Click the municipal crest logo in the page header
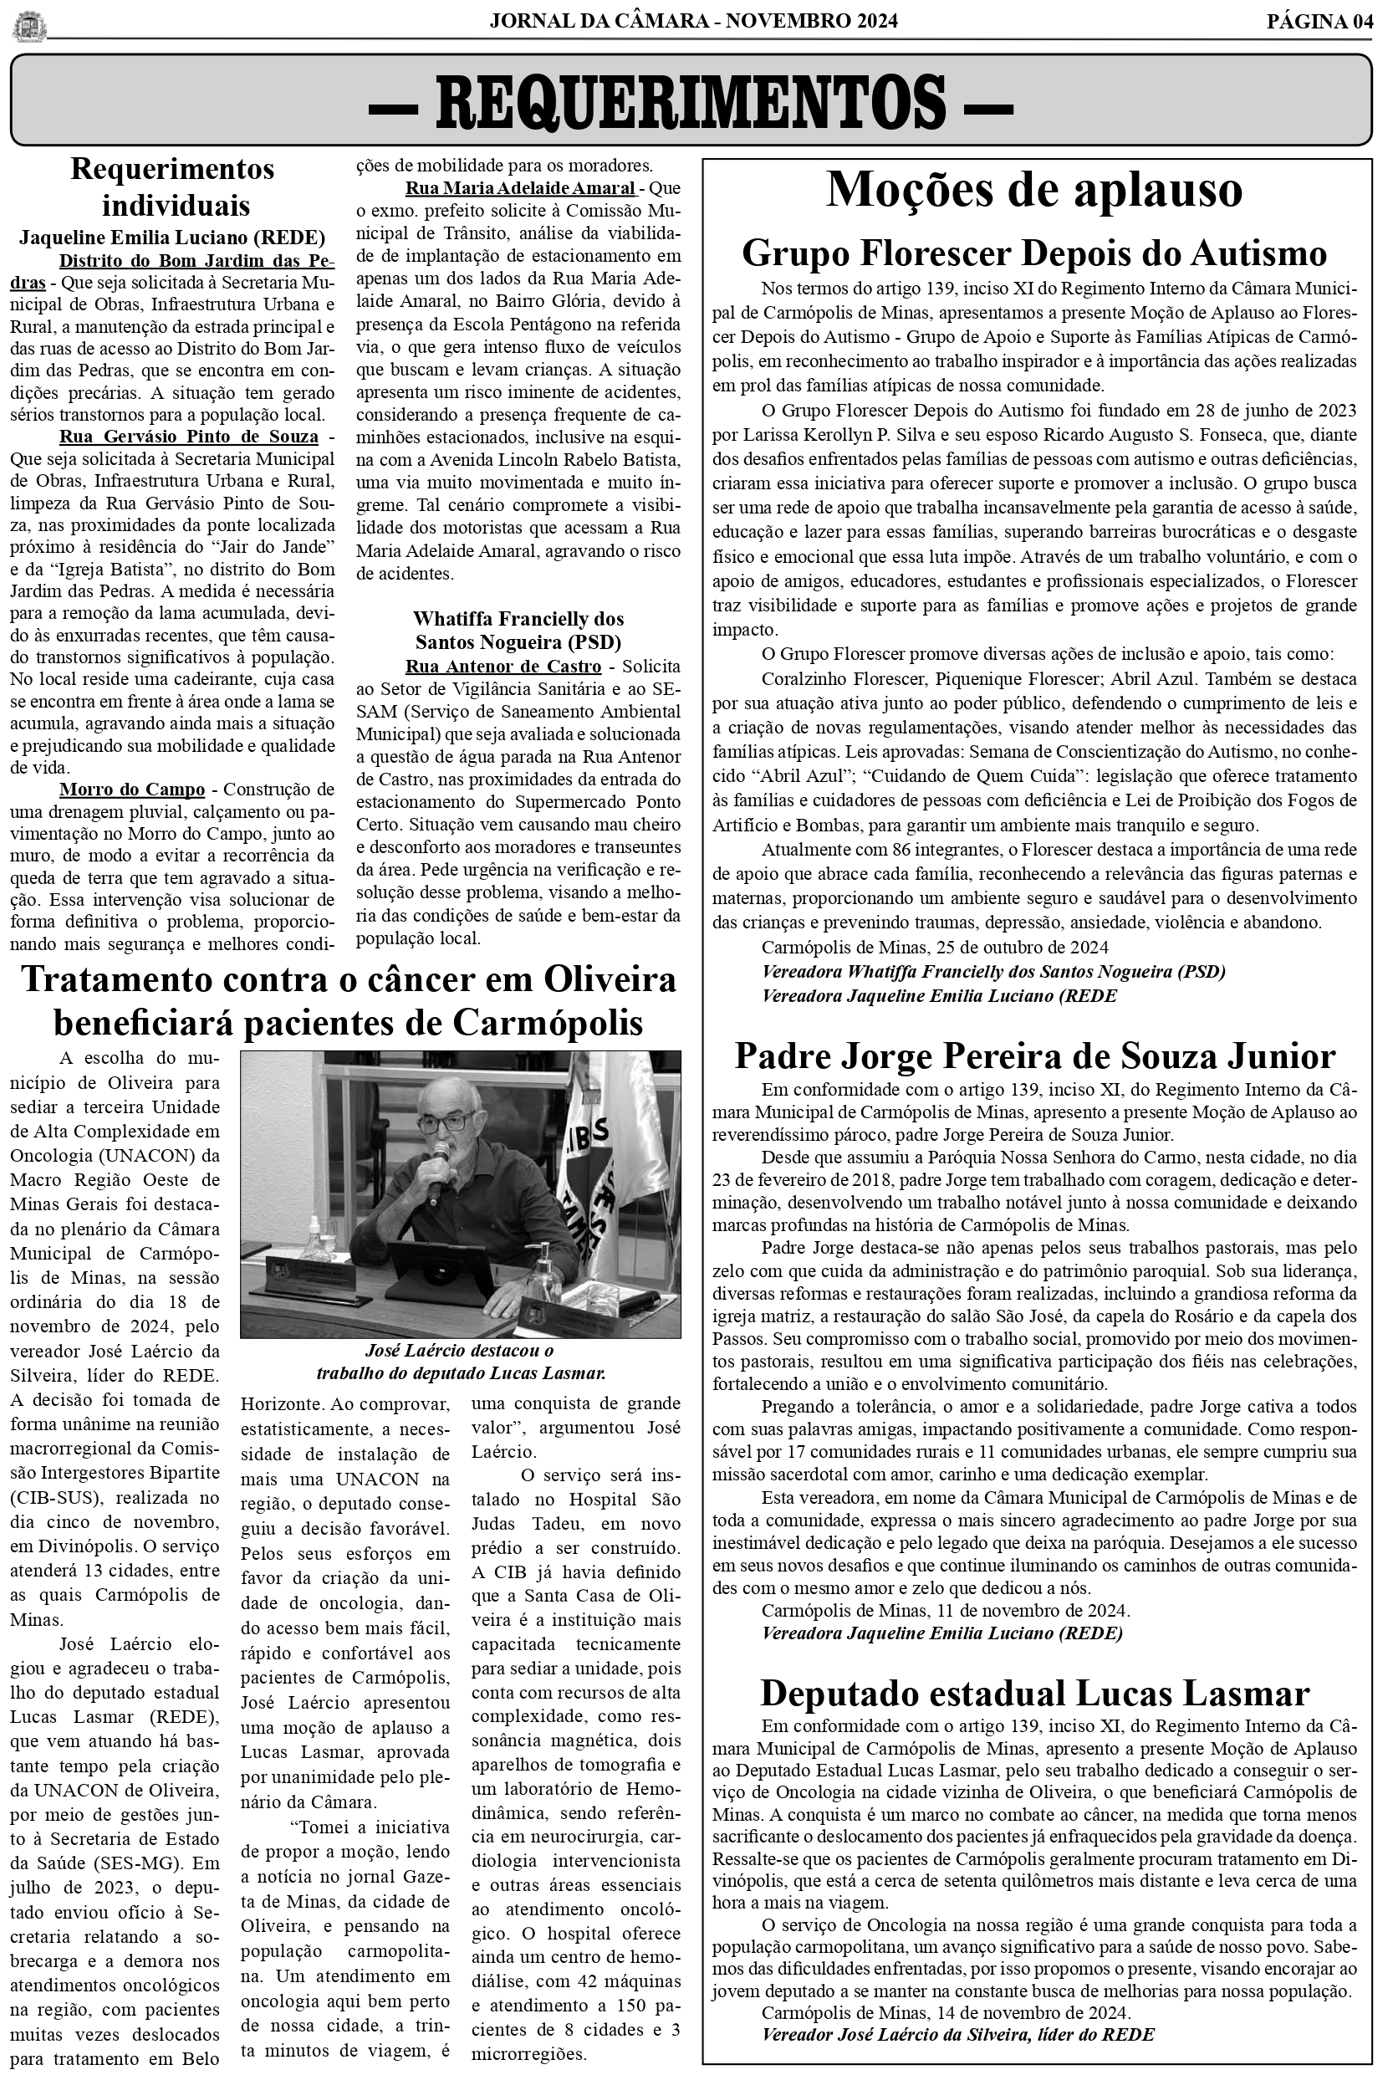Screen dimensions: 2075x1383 [29, 25]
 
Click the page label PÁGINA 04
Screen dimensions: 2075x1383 [1319, 22]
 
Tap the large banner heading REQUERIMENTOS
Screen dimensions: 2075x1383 [691, 101]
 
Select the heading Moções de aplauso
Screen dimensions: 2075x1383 [1033, 189]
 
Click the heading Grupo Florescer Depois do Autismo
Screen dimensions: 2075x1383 [1033, 254]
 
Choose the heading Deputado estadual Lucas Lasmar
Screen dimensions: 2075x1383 [1033, 1693]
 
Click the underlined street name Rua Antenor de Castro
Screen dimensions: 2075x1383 [503, 667]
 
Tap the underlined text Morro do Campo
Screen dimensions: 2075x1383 [131, 789]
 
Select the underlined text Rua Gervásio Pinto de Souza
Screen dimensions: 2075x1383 [188, 437]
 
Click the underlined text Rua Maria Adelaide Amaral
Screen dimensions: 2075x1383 [519, 188]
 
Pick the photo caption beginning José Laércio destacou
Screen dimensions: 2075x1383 [460, 1362]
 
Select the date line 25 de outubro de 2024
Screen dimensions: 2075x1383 [934, 947]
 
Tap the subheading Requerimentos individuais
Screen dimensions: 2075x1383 [172, 187]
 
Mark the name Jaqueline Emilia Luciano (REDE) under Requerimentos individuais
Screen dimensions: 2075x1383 [172, 238]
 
